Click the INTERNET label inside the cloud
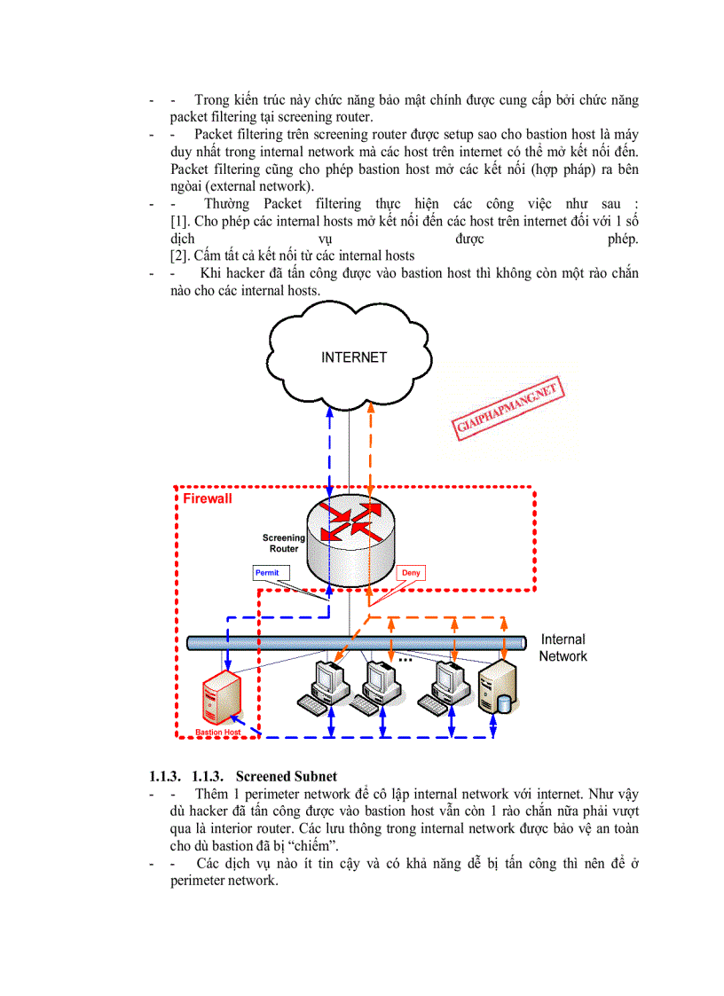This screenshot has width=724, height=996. (354, 357)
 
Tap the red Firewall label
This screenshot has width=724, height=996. (208, 499)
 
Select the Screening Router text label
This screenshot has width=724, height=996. (284, 543)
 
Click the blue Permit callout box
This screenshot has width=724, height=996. (267, 573)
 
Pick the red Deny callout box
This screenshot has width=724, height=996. (411, 573)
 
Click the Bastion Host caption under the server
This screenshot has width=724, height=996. (218, 733)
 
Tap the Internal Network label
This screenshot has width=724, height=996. (563, 647)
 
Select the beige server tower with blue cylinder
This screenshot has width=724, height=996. (497, 688)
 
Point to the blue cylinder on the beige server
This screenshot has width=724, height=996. (504, 703)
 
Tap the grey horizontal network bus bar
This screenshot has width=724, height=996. (355, 642)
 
